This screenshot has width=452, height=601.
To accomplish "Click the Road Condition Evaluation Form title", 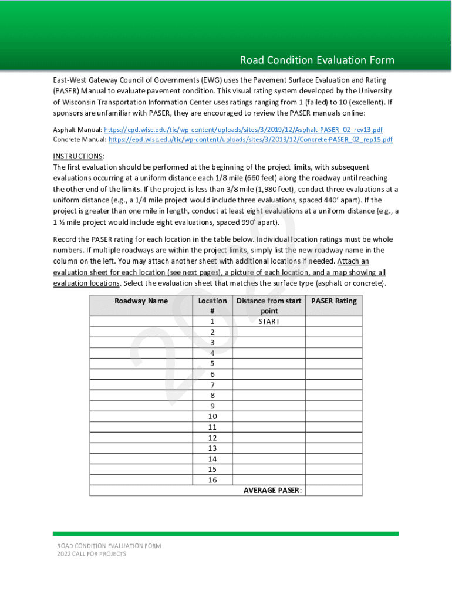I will click(x=317, y=60).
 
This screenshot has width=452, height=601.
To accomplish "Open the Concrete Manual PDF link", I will click(x=250, y=140).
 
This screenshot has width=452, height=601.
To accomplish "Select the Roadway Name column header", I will click(x=141, y=300).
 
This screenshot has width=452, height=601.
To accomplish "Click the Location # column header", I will click(x=212, y=306).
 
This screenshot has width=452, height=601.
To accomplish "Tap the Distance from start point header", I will click(x=269, y=306).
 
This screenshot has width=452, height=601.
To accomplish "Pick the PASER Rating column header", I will click(x=333, y=300).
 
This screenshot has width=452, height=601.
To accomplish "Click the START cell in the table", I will click(x=269, y=322).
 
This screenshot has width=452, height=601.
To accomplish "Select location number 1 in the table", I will click(x=212, y=322).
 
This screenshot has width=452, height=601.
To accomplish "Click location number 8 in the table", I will click(x=212, y=396).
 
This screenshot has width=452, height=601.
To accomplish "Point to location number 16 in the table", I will click(x=212, y=480).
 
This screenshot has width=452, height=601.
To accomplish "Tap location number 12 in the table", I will click(x=212, y=438).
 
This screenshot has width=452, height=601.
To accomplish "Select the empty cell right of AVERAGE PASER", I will click(x=333, y=491).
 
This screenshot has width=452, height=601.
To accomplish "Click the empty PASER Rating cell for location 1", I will click(x=333, y=322).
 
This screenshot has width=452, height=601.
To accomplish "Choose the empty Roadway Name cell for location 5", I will click(x=141, y=364).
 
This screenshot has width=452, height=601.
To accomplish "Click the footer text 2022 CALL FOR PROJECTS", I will click(x=91, y=554).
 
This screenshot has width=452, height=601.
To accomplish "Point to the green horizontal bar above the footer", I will click(x=225, y=534).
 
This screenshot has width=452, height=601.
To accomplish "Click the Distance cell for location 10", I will click(x=269, y=417).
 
